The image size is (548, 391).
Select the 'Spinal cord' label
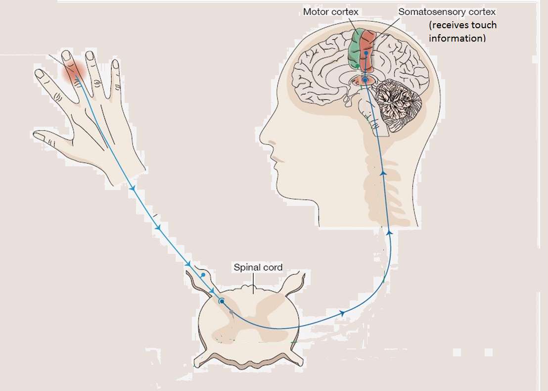click(x=258, y=267)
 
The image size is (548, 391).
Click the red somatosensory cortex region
click(x=368, y=47)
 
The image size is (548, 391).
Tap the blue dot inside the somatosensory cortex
click(x=366, y=52)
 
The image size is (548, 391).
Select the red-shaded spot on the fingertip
click(x=73, y=72)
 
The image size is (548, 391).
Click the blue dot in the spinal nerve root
click(x=203, y=274)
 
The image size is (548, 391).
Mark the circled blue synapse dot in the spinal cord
click(x=222, y=301)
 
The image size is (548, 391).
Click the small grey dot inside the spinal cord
click(x=231, y=311)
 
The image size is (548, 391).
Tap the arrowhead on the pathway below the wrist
click(x=133, y=189)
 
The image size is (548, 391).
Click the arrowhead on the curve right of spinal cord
click(x=342, y=313)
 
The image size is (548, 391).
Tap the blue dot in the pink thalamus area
click(x=365, y=80)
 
